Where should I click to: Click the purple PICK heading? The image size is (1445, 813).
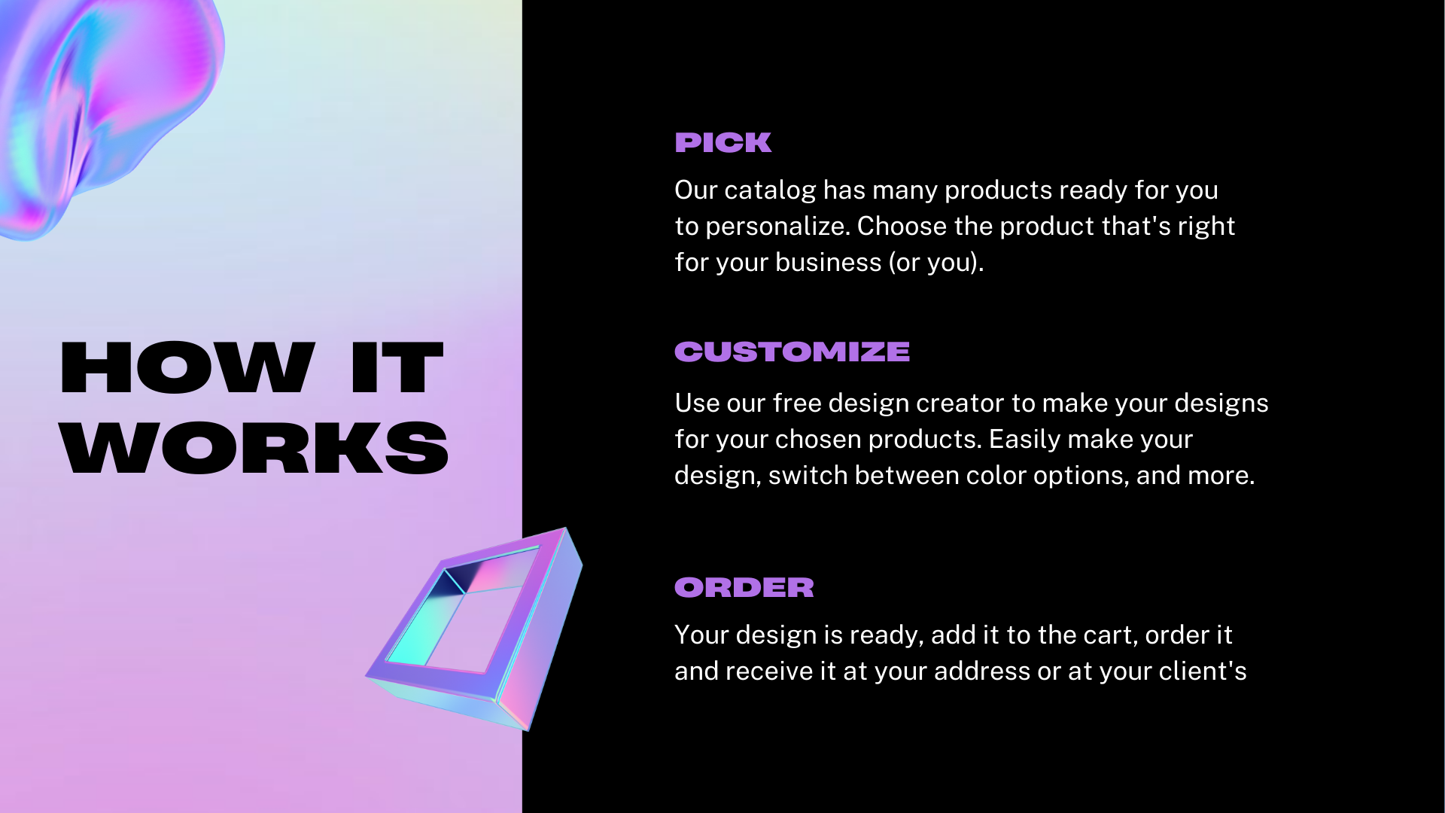(x=722, y=142)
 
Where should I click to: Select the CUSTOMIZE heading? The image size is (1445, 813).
(x=792, y=352)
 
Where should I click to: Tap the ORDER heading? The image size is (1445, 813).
(x=744, y=587)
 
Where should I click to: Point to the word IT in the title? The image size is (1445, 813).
(x=397, y=367)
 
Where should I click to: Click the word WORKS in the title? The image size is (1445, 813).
(x=254, y=448)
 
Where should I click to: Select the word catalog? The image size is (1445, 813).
(x=770, y=190)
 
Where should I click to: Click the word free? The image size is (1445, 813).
(x=797, y=403)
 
